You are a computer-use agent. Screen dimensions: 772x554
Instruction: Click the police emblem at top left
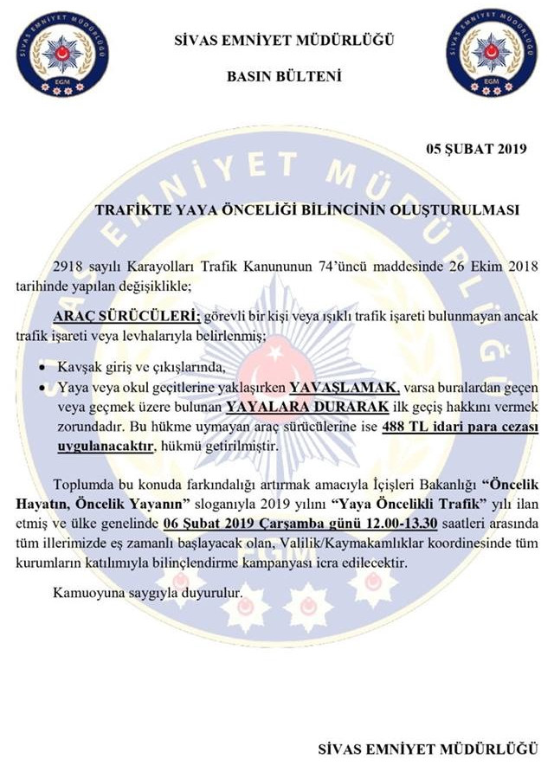(x=61, y=53)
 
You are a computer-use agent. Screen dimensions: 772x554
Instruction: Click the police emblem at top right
(x=494, y=53)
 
